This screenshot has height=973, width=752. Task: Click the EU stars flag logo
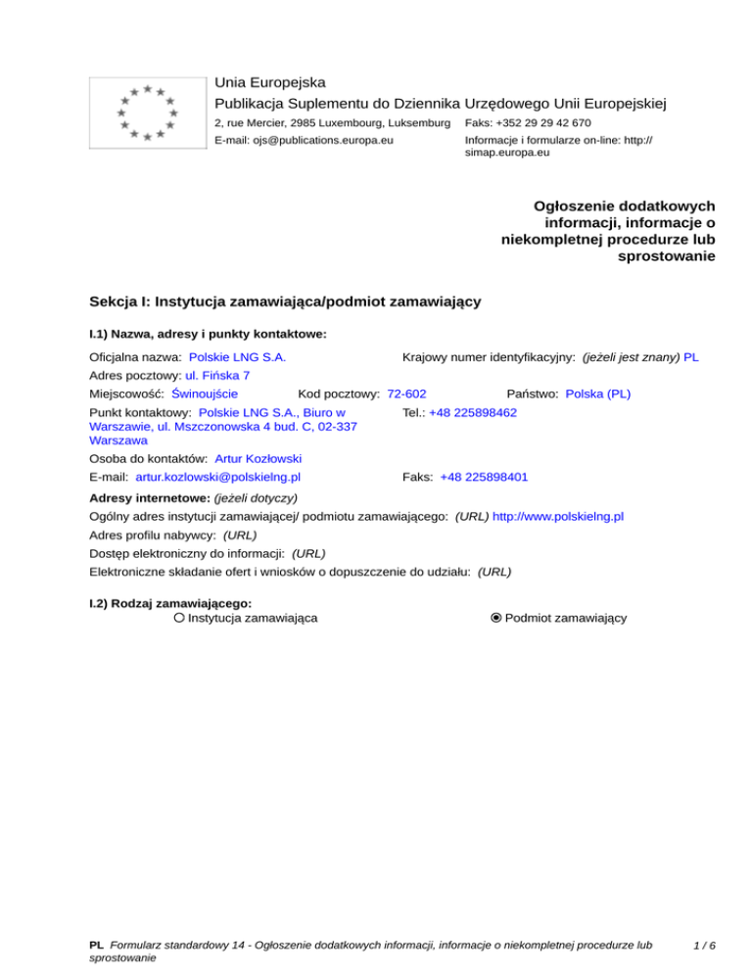coord(147,113)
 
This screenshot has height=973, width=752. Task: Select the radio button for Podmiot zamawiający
coord(496,618)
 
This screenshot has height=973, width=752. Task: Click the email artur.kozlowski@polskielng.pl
coord(217,477)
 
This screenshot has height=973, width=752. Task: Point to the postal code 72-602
coord(406,394)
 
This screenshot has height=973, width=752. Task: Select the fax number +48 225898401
coord(485,477)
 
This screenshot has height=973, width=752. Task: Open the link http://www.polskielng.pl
coord(558,515)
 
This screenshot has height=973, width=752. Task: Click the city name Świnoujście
coord(205,394)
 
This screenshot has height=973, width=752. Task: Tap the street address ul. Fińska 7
coord(217,375)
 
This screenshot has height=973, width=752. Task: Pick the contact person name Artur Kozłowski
coord(258,458)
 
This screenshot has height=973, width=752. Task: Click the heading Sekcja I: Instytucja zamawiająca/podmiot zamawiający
coord(284,301)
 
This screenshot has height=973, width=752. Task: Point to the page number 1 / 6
coord(702,946)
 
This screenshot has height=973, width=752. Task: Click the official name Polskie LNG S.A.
coord(237,357)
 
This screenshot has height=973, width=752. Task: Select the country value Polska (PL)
coord(598,394)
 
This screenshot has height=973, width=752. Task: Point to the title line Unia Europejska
coord(270,82)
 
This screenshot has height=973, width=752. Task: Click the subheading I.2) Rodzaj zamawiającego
coord(170,603)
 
